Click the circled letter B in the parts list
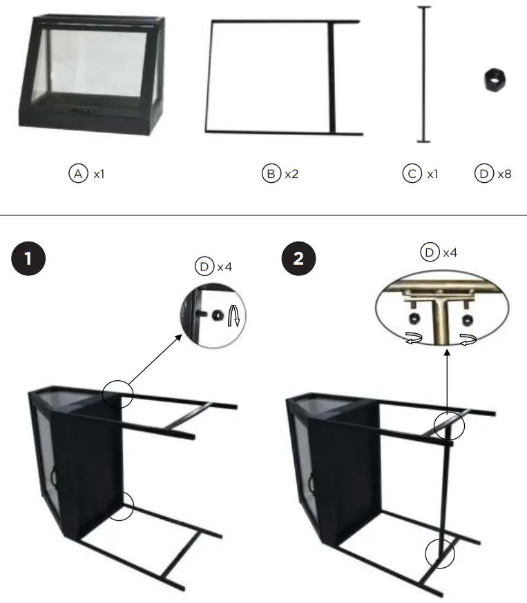pos(269,174)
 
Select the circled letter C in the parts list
pos(412,174)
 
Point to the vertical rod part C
pos(423,75)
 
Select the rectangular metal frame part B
pos(283,76)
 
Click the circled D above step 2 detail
pos(430,253)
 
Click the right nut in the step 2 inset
pos(468,318)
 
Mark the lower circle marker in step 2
pos(440,552)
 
